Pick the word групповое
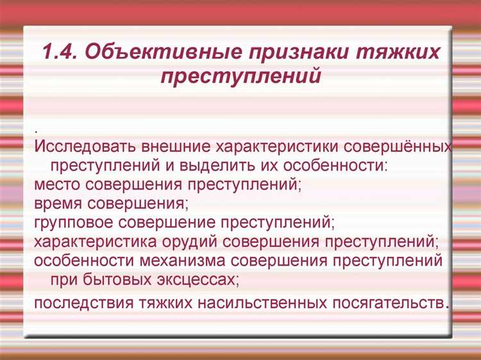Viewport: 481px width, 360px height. pos(72,223)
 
